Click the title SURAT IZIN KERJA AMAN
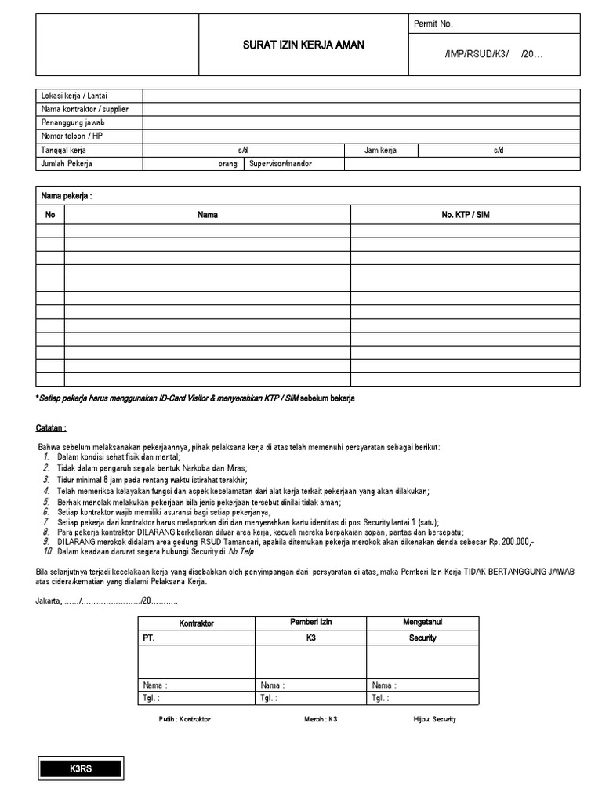(303, 45)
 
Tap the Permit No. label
(433, 24)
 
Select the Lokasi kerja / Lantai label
(74, 96)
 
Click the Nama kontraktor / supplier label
(85, 109)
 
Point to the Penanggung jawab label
(73, 123)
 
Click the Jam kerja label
(380, 150)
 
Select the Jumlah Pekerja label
(67, 164)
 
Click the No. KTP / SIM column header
(465, 214)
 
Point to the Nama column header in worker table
(208, 214)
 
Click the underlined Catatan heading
(51, 428)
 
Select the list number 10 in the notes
(47, 552)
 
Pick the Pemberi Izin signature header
(310, 622)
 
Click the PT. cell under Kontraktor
(149, 638)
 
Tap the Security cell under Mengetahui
(422, 638)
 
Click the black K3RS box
(81, 769)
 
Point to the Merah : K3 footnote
(321, 719)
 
